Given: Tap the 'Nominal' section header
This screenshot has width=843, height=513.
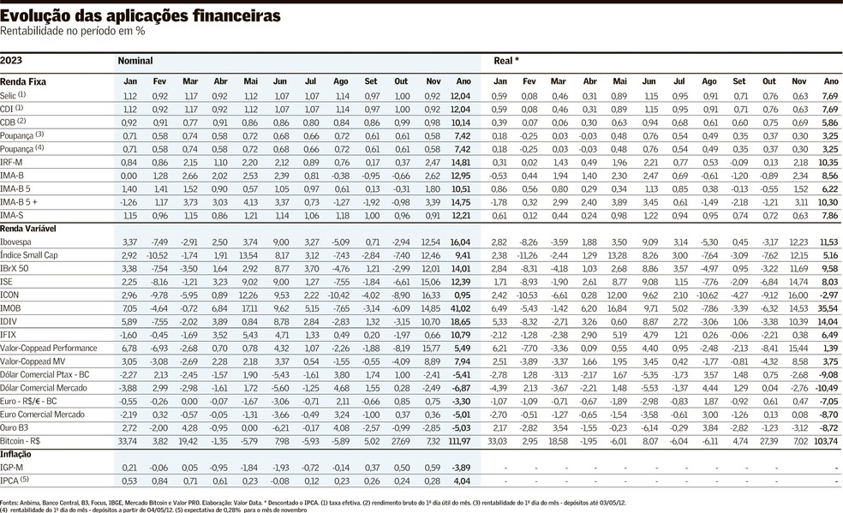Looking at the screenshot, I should (x=135, y=61).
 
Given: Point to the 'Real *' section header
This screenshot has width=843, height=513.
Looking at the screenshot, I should (x=506, y=61).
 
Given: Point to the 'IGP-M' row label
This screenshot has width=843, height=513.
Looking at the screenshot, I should (x=12, y=467).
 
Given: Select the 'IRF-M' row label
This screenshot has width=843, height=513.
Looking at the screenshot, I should (x=12, y=162).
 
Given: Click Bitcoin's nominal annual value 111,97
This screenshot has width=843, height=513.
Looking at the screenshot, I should (x=458, y=440).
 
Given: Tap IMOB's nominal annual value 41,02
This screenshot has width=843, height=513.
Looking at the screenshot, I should (x=460, y=307).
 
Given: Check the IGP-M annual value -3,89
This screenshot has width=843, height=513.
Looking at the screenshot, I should (x=461, y=467).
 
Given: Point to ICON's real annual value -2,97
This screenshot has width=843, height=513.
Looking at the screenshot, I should (x=827, y=294).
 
